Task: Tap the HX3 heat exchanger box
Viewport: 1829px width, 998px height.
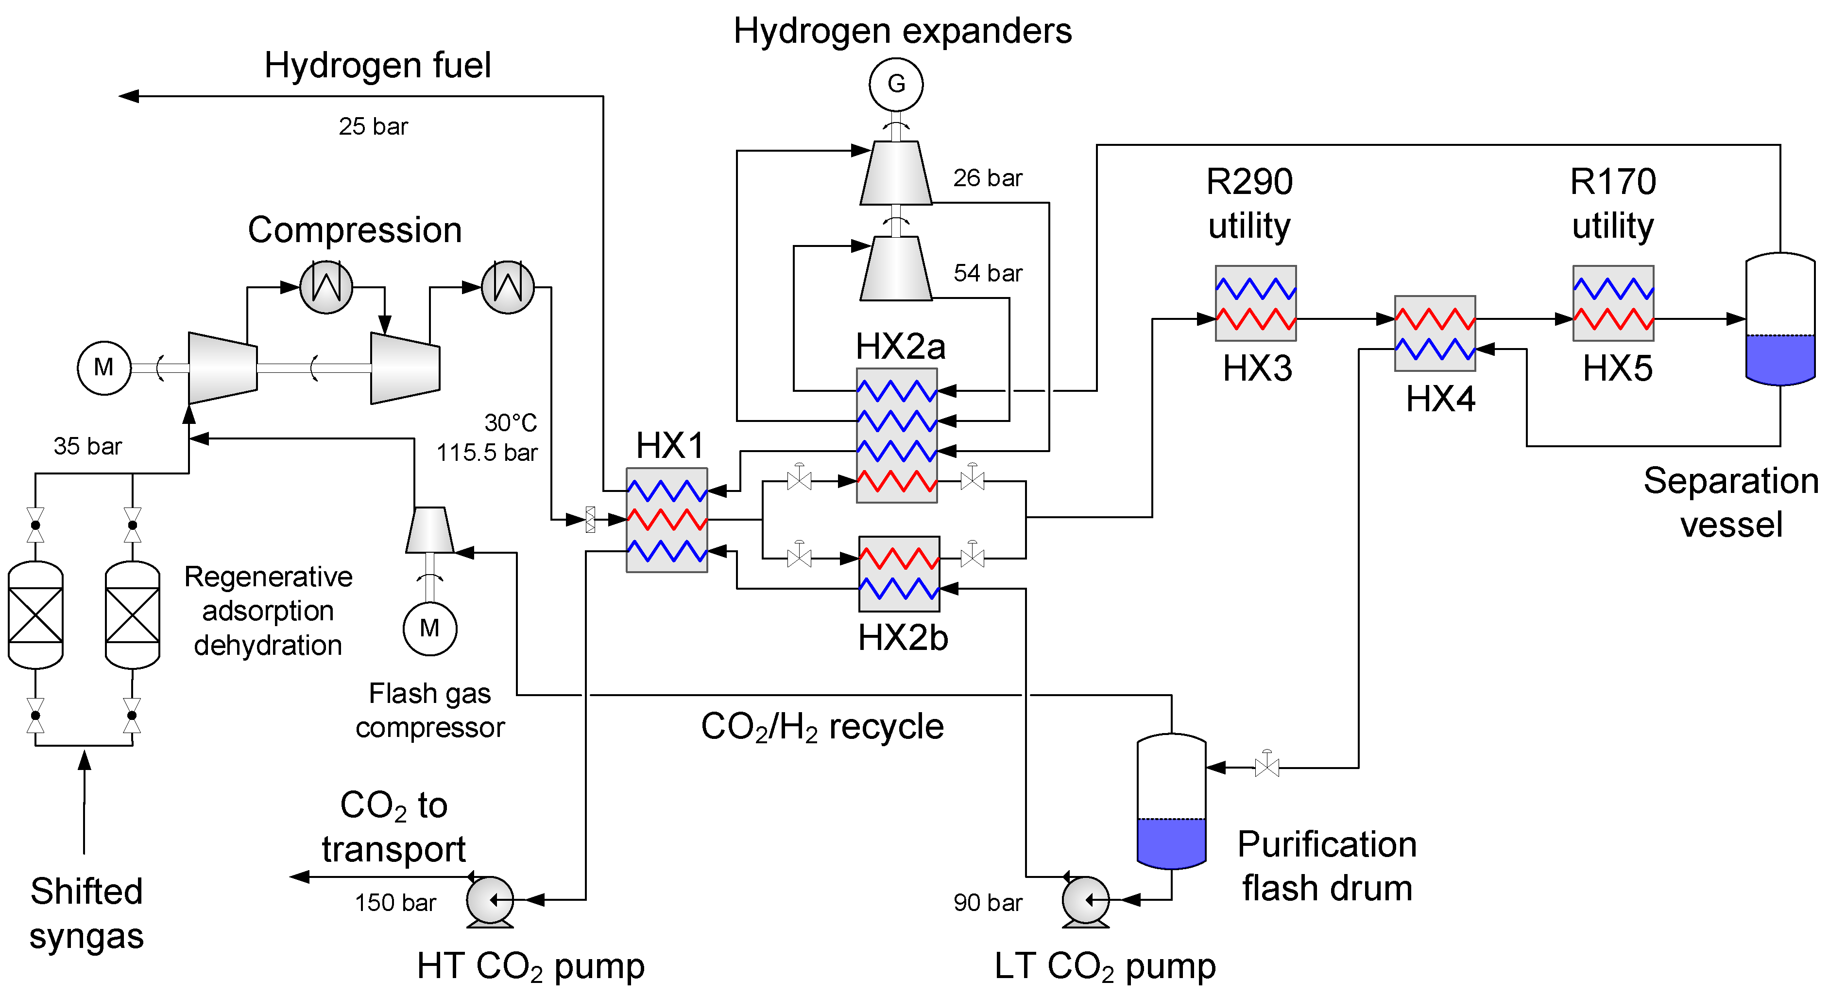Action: [1255, 303]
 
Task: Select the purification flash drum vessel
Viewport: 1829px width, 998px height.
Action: [1171, 801]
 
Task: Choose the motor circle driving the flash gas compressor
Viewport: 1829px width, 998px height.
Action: [429, 629]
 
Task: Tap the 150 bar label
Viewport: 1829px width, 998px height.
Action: [395, 903]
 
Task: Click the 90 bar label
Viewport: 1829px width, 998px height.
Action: [987, 903]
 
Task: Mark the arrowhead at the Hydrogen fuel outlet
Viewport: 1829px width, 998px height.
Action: [128, 96]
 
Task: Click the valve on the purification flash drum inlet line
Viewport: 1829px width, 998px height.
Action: [1266, 767]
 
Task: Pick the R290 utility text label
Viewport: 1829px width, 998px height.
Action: [1249, 204]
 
